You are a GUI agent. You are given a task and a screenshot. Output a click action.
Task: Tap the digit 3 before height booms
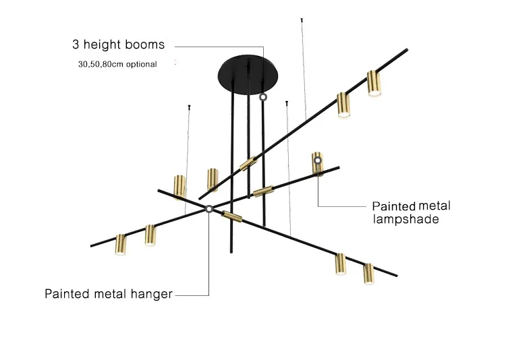point(76,45)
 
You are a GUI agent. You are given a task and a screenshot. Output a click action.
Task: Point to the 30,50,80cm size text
point(99,65)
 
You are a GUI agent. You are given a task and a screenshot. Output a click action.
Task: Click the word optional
point(140,65)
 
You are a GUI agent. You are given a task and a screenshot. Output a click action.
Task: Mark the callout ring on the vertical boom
point(262,97)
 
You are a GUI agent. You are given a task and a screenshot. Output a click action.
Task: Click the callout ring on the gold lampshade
point(317,160)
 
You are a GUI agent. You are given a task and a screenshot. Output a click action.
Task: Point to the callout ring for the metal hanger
point(209,210)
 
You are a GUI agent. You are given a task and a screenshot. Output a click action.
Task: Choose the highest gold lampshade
point(374,84)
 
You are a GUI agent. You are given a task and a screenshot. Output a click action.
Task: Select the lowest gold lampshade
point(368,273)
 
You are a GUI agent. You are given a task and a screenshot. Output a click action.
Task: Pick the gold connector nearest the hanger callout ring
point(231,216)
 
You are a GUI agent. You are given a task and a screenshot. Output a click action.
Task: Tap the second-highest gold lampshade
point(344,104)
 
